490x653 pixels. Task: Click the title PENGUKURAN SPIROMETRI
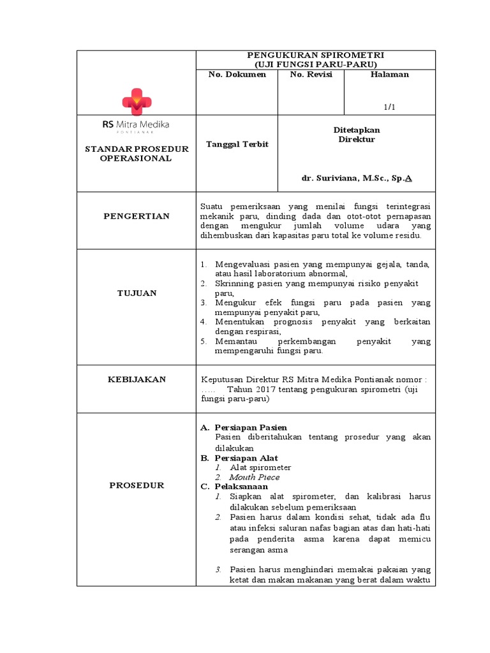(x=315, y=56)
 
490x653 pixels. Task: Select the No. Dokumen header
(x=237, y=75)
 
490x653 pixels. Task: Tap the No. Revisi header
(x=310, y=75)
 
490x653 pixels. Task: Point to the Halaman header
(x=389, y=75)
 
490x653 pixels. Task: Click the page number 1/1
(x=389, y=107)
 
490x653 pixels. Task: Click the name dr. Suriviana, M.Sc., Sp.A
(x=357, y=179)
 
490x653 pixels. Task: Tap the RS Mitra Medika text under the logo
(x=136, y=124)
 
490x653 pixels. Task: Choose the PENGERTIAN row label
(x=137, y=216)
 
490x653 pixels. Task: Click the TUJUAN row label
(x=137, y=293)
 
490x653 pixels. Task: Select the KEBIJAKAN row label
(x=137, y=379)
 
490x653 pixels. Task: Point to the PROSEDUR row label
(x=137, y=485)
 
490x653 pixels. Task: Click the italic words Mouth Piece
(x=254, y=477)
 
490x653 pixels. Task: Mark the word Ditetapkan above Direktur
(x=357, y=129)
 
